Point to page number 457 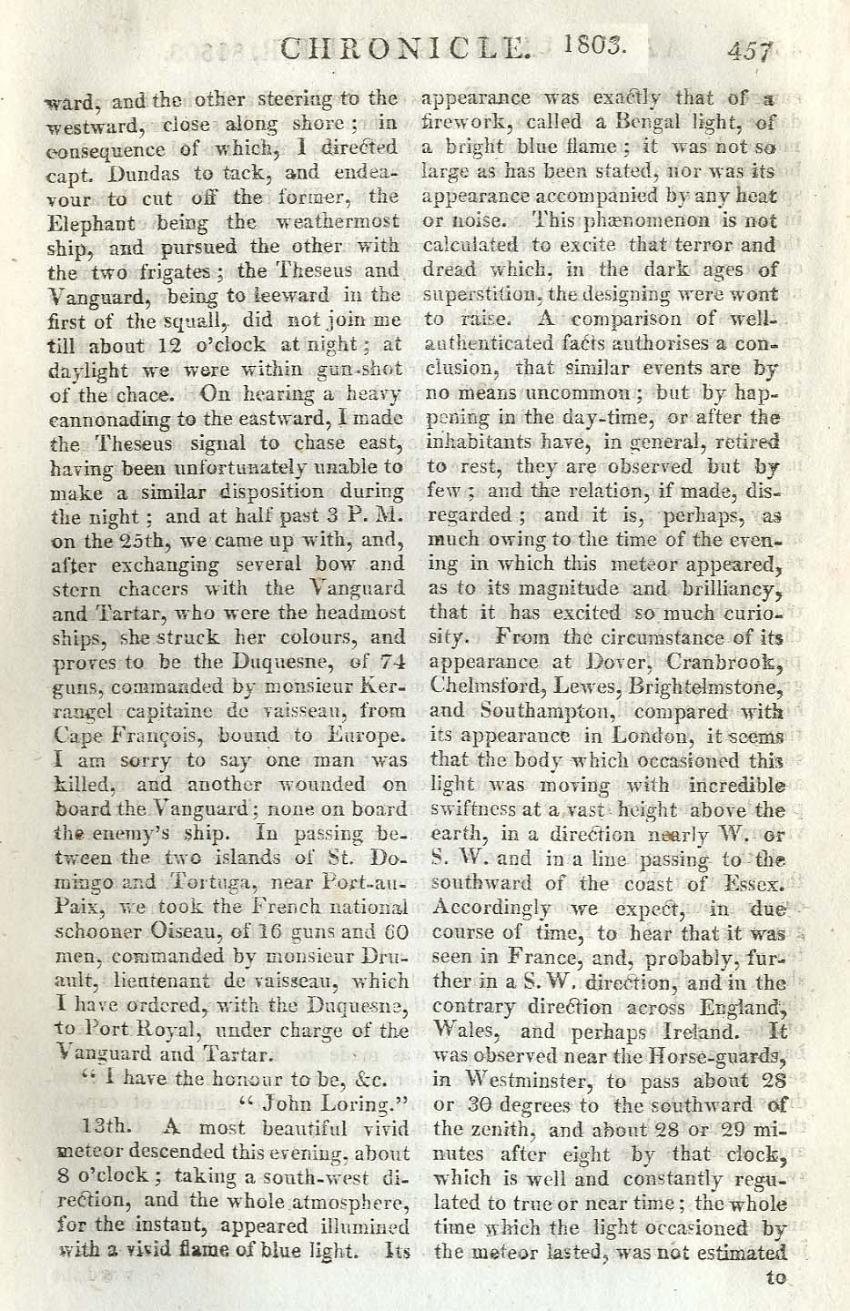pyautogui.click(x=750, y=51)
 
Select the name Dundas pyautogui.click(x=118, y=172)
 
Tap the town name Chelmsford pyautogui.click(x=483, y=686)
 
